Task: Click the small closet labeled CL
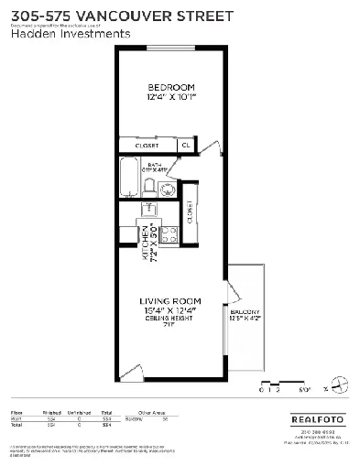tap(186, 145)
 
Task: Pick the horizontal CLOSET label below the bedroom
tap(147, 145)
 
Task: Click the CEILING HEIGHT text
tap(169, 318)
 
